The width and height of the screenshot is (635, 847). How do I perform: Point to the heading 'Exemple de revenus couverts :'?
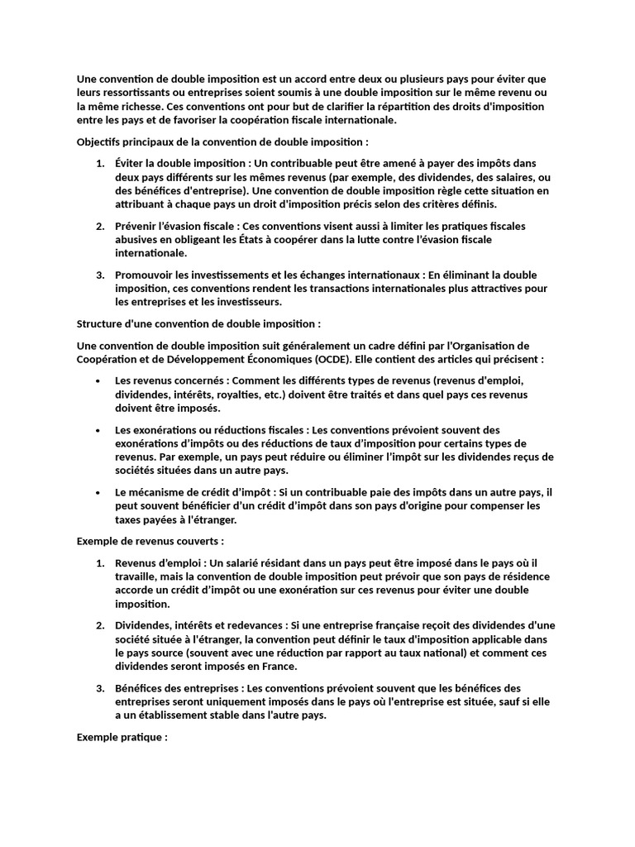[x=150, y=541]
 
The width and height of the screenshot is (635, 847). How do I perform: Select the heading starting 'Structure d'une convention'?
[x=198, y=323]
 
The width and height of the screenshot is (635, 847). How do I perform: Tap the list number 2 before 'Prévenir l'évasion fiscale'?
[x=99, y=226]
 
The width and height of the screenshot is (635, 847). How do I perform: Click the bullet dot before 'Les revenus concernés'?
[x=98, y=380]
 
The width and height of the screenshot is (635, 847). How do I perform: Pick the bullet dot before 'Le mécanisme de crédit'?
[x=98, y=492]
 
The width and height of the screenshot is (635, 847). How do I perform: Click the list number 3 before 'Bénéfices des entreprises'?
[x=99, y=688]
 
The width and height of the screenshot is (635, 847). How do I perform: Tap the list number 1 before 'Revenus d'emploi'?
[x=99, y=564]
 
